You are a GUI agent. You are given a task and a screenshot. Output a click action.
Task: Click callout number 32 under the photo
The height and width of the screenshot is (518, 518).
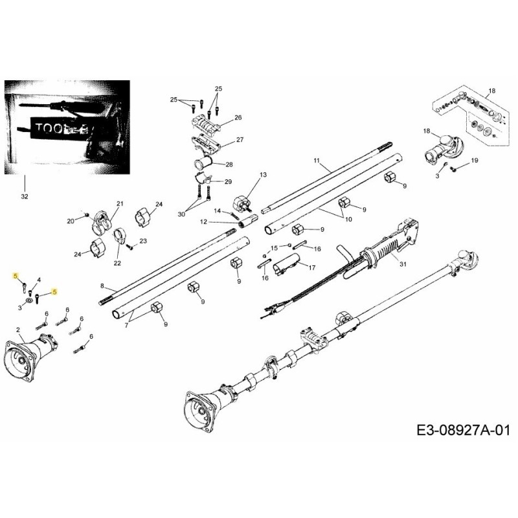coord(24,195)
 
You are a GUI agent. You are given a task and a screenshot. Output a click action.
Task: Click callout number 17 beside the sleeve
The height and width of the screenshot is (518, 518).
coord(311,267)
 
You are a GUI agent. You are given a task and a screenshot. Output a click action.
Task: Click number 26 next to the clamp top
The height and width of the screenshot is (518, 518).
coord(238,118)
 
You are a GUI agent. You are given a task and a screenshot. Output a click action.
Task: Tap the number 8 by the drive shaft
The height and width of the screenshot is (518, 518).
coord(102,286)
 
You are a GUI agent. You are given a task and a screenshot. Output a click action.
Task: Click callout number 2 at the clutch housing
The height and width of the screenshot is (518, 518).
coord(19,330)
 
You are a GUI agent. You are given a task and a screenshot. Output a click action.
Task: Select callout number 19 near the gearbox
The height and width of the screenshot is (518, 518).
coord(474,160)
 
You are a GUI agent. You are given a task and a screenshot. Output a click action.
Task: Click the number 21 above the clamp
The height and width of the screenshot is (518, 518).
coord(119,204)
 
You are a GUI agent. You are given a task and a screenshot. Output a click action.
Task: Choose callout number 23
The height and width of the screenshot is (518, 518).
coord(143,240)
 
